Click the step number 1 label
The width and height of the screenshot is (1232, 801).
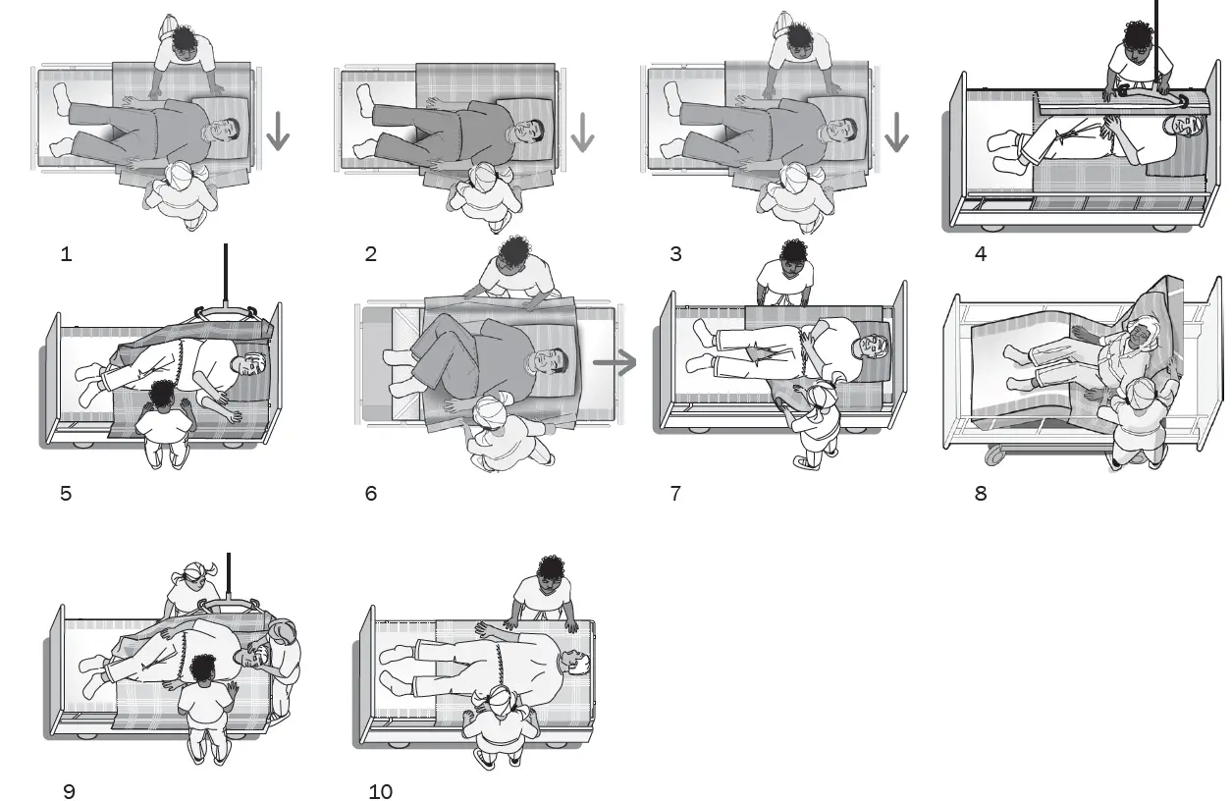pyautogui.click(x=66, y=254)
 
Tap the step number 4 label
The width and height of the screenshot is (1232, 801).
pyautogui.click(x=980, y=254)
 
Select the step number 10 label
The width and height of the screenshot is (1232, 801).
pyautogui.click(x=380, y=791)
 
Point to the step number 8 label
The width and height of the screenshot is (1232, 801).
pyautogui.click(x=980, y=493)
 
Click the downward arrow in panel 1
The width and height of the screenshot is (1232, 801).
pyautogui.click(x=278, y=131)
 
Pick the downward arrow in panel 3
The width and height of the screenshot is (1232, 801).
pyautogui.click(x=895, y=131)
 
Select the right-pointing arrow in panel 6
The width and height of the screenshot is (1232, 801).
pyautogui.click(x=615, y=362)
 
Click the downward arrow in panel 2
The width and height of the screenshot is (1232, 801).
pyautogui.click(x=583, y=131)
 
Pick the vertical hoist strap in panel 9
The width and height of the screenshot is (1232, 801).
pyautogui.click(x=229, y=574)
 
